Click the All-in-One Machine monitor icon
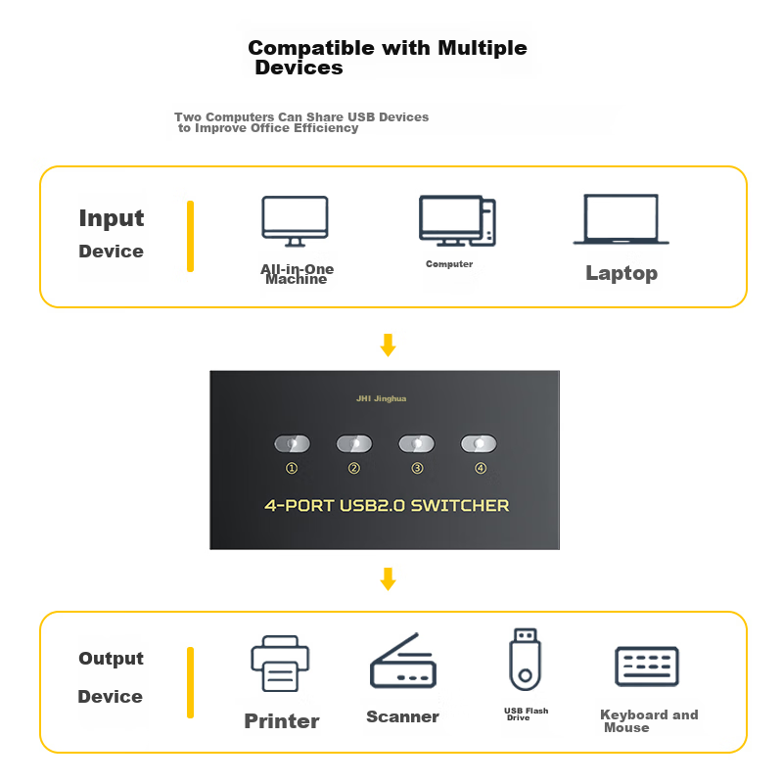click(x=296, y=221)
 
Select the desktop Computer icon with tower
click(x=457, y=220)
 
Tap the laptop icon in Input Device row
click(x=621, y=219)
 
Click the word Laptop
click(x=622, y=273)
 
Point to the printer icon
click(x=280, y=664)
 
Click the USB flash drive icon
click(x=525, y=659)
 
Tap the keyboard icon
click(x=647, y=667)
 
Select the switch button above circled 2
click(x=354, y=443)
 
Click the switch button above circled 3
click(x=417, y=443)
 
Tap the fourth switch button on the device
click(x=479, y=443)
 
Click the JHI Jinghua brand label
click(x=381, y=398)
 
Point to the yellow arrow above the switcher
click(x=388, y=345)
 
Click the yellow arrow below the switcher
click(x=388, y=578)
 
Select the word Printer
click(x=282, y=721)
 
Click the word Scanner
click(x=402, y=716)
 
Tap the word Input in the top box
click(x=112, y=218)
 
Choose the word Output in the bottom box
click(x=111, y=659)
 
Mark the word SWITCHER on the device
click(x=460, y=505)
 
